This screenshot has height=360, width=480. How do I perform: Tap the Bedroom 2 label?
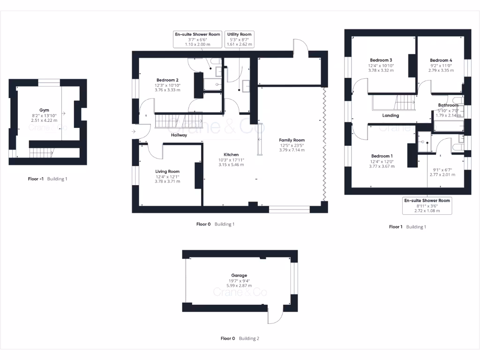click(167, 80)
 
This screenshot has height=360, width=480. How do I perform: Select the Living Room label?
click(167, 172)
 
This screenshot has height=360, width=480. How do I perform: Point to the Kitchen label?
click(231, 155)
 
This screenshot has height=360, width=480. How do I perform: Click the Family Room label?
click(292, 140)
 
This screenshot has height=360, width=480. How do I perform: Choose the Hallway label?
click(179, 135)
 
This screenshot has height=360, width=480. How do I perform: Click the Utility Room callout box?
click(240, 39)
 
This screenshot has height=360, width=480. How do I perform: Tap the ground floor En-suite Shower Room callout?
click(197, 39)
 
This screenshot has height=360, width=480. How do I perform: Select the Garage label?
click(239, 276)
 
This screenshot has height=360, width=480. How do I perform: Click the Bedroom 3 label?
click(381, 60)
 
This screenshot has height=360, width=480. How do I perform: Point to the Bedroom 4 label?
click(441, 60)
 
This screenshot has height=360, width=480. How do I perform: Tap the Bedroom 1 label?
click(382, 156)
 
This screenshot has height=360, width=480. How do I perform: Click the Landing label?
click(390, 115)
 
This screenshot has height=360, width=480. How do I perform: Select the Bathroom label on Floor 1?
click(448, 105)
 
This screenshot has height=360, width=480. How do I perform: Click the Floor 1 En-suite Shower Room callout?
click(427, 205)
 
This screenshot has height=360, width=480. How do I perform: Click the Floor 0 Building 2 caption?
click(240, 338)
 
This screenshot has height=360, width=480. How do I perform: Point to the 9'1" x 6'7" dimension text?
click(442, 170)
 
